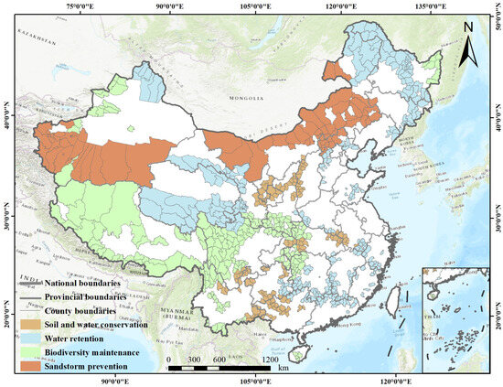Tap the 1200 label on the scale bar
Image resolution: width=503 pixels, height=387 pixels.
(x=271, y=359)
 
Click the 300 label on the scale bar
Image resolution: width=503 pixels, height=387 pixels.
(x=195, y=359)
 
